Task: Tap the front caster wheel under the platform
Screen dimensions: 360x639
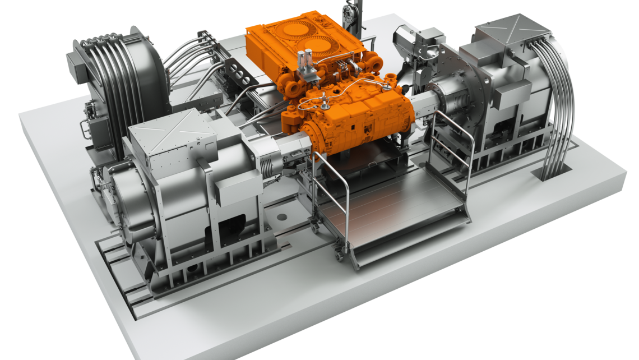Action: pos(339,255)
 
